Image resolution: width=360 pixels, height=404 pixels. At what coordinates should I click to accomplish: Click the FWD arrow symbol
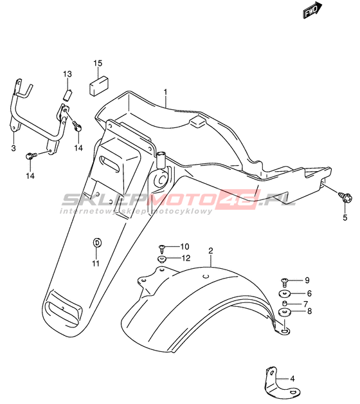[x=312, y=10]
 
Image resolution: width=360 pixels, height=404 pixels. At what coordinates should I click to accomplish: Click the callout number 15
[x=98, y=63]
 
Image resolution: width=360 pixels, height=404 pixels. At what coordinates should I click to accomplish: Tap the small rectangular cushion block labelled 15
[x=98, y=86]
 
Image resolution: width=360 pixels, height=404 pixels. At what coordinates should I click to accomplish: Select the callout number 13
[x=67, y=74]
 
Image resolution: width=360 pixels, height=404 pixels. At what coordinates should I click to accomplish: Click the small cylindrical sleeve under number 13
[x=68, y=95]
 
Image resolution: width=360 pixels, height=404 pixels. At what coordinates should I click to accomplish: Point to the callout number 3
[x=14, y=148]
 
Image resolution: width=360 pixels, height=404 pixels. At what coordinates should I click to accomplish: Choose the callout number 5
[x=345, y=217]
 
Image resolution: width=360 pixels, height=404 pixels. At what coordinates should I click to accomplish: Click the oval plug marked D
[x=97, y=243]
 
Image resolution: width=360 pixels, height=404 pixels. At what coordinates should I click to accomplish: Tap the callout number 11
[x=96, y=263]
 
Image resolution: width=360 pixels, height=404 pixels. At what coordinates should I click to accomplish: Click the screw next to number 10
[x=162, y=248]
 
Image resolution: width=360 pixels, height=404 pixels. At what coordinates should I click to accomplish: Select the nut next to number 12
[x=162, y=259]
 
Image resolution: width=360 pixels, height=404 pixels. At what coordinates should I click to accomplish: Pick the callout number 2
[x=211, y=250]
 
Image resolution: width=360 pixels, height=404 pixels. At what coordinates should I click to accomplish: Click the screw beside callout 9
[x=284, y=282]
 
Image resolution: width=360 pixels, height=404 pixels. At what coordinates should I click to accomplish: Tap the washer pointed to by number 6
[x=285, y=293]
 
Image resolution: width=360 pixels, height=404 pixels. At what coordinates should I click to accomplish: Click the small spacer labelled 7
[x=284, y=303]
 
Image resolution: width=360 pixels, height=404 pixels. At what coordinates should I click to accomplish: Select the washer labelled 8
[x=285, y=312]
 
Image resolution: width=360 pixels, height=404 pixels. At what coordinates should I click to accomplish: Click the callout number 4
[x=292, y=379]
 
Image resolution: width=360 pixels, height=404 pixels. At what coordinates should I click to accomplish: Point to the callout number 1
[x=165, y=92]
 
